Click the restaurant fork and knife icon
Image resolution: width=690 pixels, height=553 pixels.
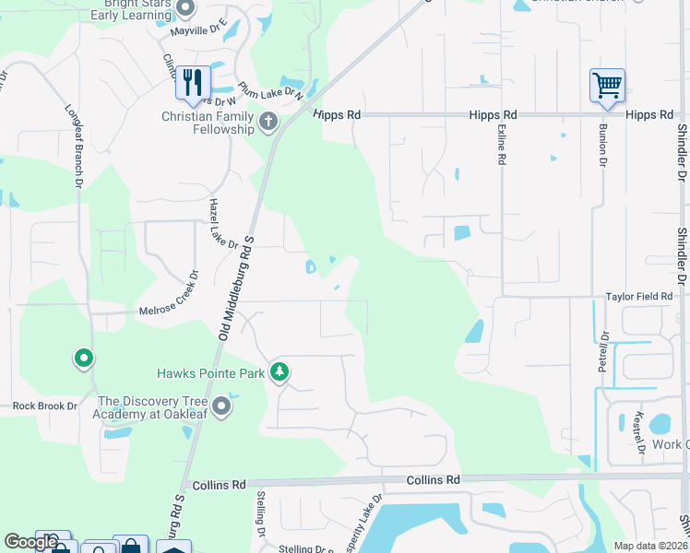[193, 82]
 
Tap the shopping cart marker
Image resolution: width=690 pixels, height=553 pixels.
[607, 86]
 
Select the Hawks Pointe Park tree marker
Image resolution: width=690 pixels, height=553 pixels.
[280, 372]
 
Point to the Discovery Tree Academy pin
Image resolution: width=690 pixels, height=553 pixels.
[220, 406]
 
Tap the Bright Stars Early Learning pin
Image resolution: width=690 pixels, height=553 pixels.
[184, 9]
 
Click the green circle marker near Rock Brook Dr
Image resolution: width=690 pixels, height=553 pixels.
[83, 358]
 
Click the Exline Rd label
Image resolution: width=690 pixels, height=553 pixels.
[501, 145]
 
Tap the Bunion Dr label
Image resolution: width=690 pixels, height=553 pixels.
[602, 145]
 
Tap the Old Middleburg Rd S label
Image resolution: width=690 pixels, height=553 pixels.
[236, 288]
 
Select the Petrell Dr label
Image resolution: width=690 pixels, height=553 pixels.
[604, 351]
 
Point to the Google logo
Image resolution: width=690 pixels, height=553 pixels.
[30, 542]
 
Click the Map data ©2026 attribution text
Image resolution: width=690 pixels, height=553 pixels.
[650, 546]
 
